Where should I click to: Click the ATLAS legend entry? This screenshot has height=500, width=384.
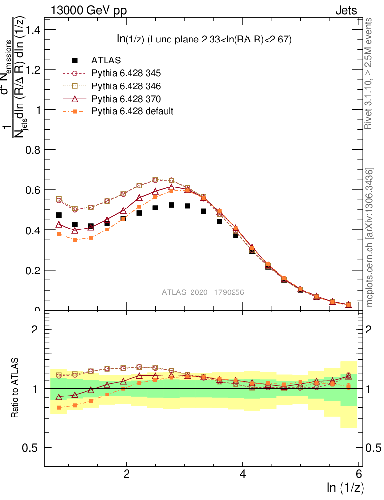[x=106, y=61]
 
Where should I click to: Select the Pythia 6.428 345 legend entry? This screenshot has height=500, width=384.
[x=126, y=73]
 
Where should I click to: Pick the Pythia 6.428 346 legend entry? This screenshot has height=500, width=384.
[x=126, y=86]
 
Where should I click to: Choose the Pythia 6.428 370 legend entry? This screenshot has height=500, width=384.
[x=126, y=99]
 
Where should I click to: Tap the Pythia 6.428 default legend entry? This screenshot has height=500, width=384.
[x=132, y=111]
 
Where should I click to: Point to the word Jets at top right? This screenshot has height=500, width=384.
[x=346, y=10]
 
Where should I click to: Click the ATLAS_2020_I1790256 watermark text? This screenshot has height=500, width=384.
[x=203, y=292]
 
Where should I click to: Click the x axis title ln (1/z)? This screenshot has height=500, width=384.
[x=344, y=488]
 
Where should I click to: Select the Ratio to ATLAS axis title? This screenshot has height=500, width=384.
[x=15, y=388]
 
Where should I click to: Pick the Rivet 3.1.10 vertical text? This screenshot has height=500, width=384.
[x=370, y=73]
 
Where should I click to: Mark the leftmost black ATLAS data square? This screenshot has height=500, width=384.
[x=59, y=215]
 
